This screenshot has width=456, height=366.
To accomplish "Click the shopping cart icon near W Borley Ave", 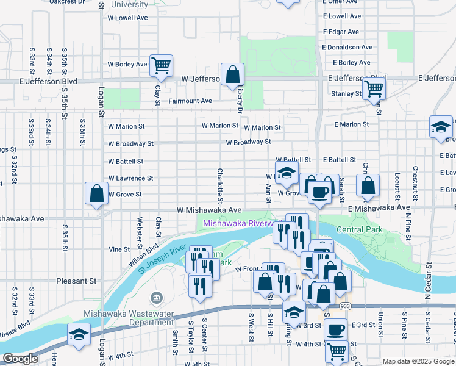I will pyautogui.click(x=161, y=65).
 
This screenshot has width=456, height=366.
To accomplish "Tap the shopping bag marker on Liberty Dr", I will pyautogui.click(x=233, y=74).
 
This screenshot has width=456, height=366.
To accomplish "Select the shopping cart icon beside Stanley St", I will pyautogui.click(x=374, y=88).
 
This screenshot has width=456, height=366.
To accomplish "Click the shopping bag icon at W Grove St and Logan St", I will pyautogui.click(x=96, y=193).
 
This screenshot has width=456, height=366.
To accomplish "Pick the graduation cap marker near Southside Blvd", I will pyautogui.click(x=79, y=334).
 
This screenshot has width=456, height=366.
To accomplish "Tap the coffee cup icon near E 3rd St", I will pyautogui.click(x=334, y=330).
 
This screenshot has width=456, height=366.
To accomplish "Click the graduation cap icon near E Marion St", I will pyautogui.click(x=441, y=127).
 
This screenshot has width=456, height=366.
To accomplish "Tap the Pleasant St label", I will pyautogui.click(x=76, y=281).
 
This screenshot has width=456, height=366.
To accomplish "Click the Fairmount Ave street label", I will pyautogui.click(x=190, y=101).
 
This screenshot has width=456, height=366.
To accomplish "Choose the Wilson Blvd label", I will pyautogui.click(x=138, y=256).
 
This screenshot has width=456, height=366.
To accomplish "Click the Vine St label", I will pyautogui.click(x=119, y=249).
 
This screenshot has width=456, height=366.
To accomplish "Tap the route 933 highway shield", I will pyautogui.click(x=345, y=305).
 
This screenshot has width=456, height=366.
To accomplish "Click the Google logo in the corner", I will pyautogui.click(x=21, y=359).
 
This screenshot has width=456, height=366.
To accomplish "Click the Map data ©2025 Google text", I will pyautogui.click(x=418, y=361).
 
